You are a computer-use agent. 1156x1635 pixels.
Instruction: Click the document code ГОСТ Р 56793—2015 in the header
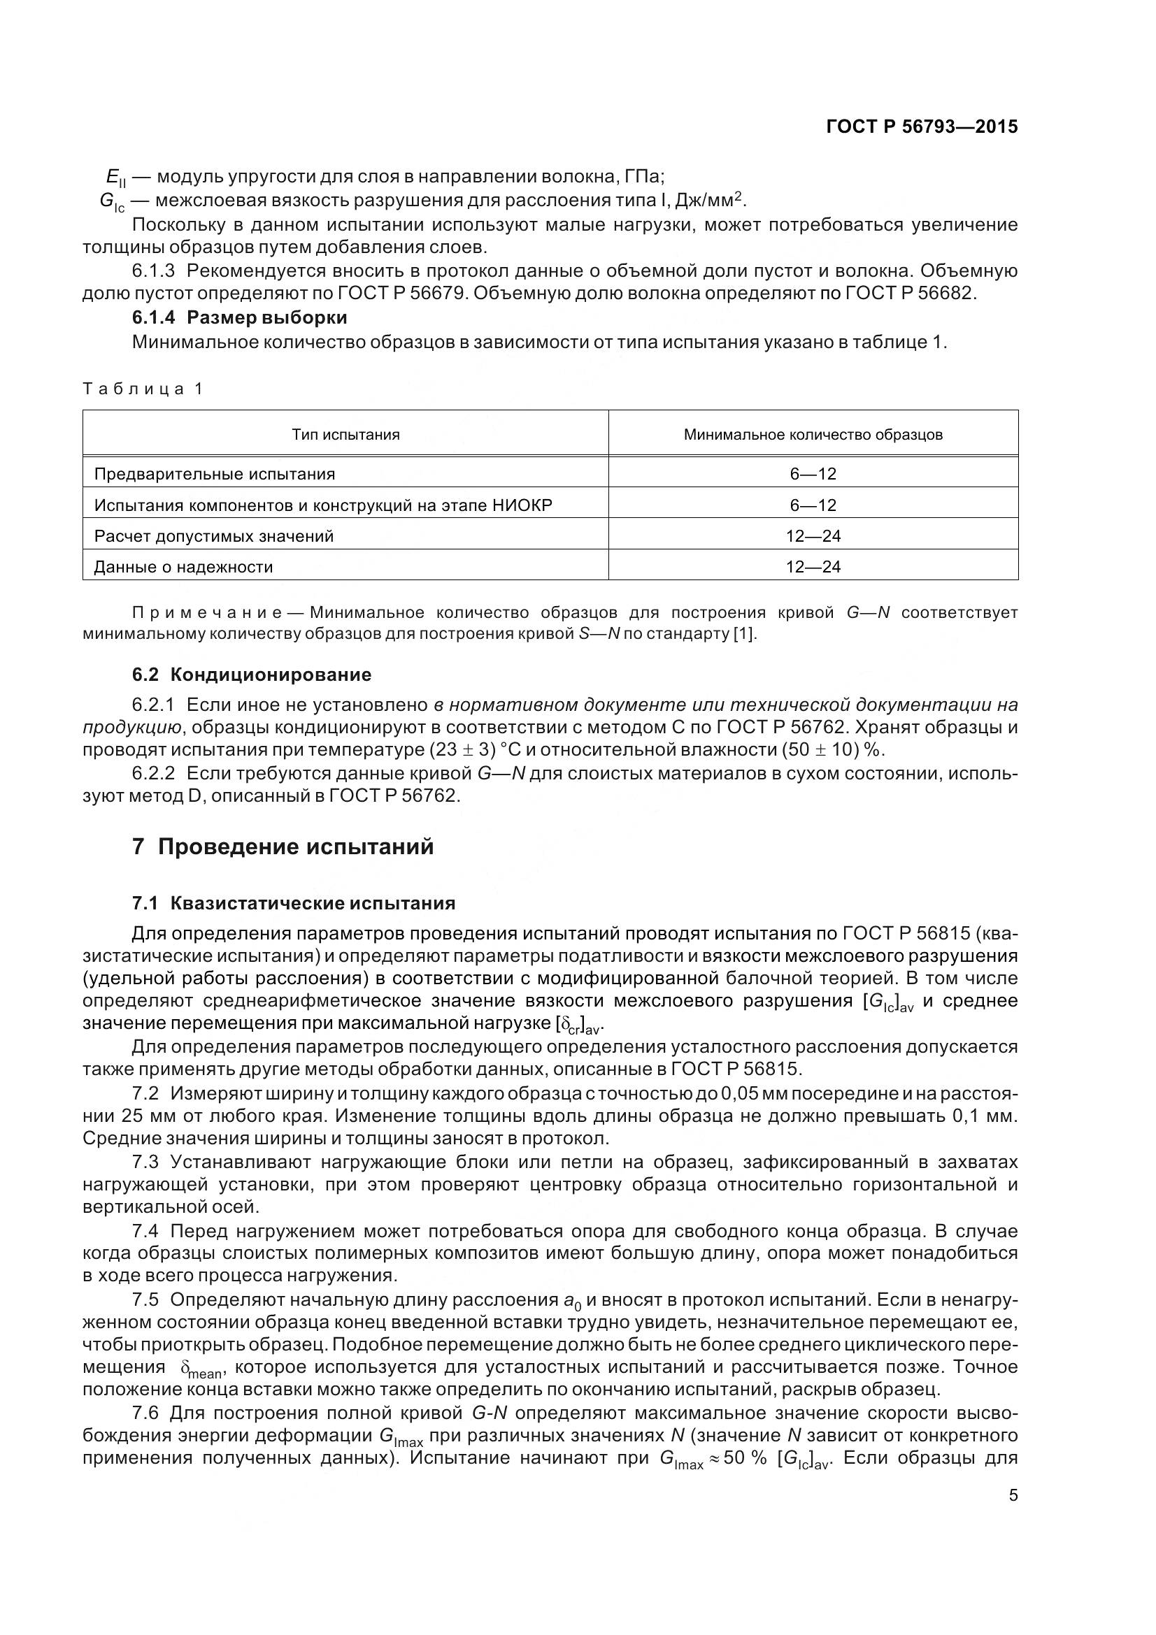click(921, 127)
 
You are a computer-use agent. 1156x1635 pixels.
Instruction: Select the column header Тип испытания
click(345, 434)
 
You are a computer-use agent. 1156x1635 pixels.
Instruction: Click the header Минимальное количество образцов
click(813, 434)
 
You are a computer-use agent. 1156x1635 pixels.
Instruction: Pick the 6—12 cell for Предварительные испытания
click(813, 473)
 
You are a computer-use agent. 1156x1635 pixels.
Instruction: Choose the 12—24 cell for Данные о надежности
click(813, 567)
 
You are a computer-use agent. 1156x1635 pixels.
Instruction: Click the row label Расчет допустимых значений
click(214, 535)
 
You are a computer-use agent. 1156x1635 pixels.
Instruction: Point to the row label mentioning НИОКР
click(323, 505)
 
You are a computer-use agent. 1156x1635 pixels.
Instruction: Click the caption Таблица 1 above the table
click(143, 389)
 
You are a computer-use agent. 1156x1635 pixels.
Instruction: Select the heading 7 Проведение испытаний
click(283, 847)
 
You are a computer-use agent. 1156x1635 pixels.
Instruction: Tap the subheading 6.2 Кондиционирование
click(252, 674)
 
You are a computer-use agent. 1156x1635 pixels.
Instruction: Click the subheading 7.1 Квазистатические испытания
click(294, 904)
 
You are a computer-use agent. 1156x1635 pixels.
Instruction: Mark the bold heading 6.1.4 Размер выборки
click(239, 317)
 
